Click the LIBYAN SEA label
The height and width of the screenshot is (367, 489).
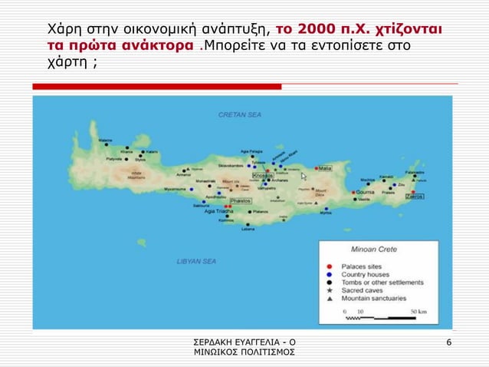pos(196,261)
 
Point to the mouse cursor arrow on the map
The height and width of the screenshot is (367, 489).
pos(304,177)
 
